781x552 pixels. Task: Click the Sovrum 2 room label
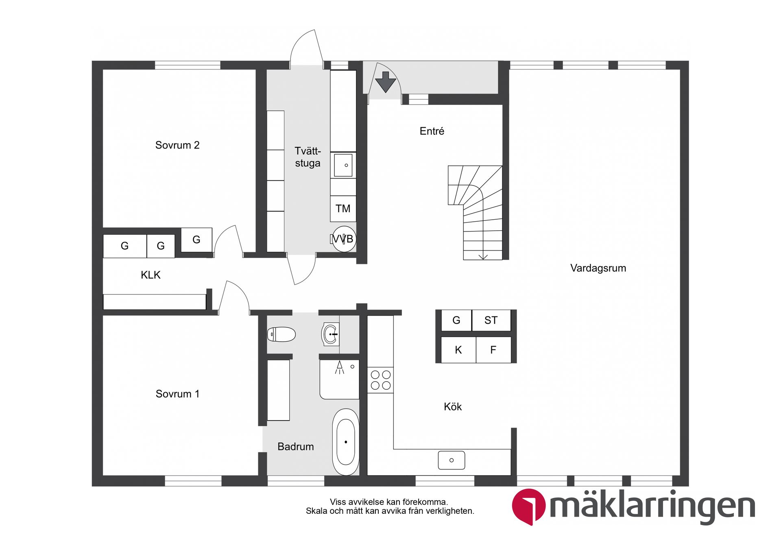(177, 145)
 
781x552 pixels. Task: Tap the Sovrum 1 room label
(177, 394)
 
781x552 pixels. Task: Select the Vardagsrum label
(598, 268)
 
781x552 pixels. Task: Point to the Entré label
(432, 131)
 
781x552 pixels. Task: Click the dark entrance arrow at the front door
(385, 81)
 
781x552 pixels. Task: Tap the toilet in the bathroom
(281, 334)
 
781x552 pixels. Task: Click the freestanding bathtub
(346, 442)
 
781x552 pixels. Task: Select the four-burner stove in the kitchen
(380, 380)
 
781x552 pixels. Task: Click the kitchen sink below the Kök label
(451, 460)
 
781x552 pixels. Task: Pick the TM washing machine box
(343, 209)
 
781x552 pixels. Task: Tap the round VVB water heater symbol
(344, 239)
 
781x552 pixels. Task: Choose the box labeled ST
(491, 321)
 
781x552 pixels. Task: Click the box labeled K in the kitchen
(458, 350)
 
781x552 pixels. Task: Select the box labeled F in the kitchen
(493, 350)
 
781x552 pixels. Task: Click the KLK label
(151, 275)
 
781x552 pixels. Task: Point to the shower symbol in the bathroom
(340, 367)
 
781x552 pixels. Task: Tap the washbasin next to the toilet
(330, 334)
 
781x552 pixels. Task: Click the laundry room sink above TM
(343, 165)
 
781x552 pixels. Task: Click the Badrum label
(295, 447)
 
